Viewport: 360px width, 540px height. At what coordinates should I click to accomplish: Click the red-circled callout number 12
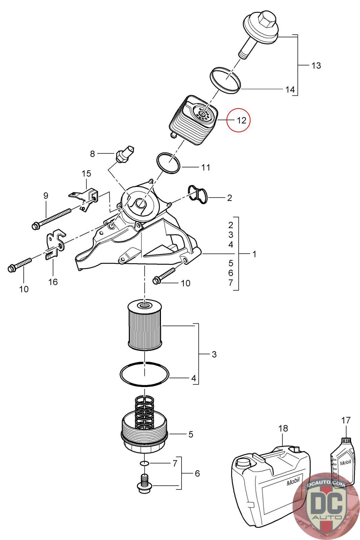coord(242,120)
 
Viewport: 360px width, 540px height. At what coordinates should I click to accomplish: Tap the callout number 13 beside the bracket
coord(316,65)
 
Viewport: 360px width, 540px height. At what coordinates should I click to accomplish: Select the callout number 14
coord(290,90)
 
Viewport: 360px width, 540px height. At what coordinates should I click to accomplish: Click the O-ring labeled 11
coord(168,162)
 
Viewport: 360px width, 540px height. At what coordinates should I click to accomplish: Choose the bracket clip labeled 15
coord(84,199)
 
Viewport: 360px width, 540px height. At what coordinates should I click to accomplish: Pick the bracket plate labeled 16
coord(55,243)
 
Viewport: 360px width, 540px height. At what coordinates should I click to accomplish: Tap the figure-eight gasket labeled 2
coord(198,195)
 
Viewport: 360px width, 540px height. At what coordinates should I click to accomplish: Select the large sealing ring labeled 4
coord(144,374)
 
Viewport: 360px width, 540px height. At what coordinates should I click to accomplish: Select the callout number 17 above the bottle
coord(346,421)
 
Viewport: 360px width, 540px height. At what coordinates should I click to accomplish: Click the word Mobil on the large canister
coord(293,482)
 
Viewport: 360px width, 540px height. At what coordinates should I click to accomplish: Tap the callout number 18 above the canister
coord(283,428)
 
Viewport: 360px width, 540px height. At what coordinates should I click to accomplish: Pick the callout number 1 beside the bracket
coord(254,254)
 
